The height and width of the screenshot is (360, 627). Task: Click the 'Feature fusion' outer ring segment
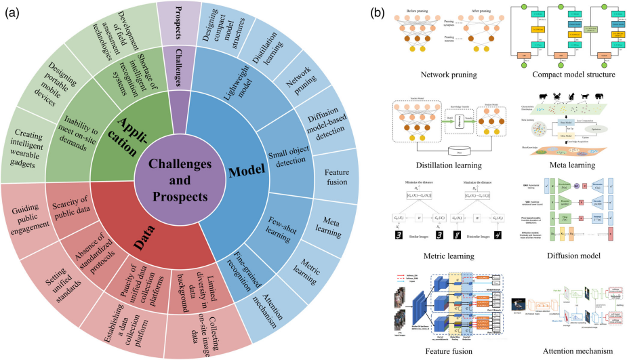(337, 174)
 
